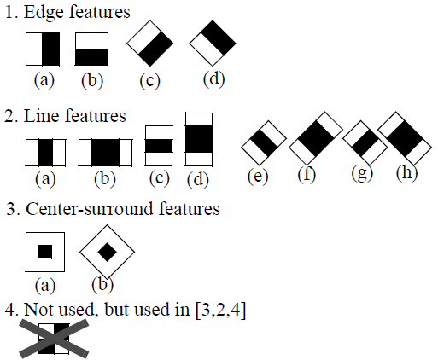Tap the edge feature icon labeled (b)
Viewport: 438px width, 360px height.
(91, 49)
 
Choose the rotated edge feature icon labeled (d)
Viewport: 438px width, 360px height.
(213, 41)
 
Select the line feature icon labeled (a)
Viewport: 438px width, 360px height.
(44, 153)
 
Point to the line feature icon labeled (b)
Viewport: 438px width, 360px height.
(106, 153)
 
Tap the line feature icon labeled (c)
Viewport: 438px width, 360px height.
(159, 145)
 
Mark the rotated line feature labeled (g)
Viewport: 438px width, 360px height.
(365, 140)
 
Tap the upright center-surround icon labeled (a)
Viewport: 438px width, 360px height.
(45, 252)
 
